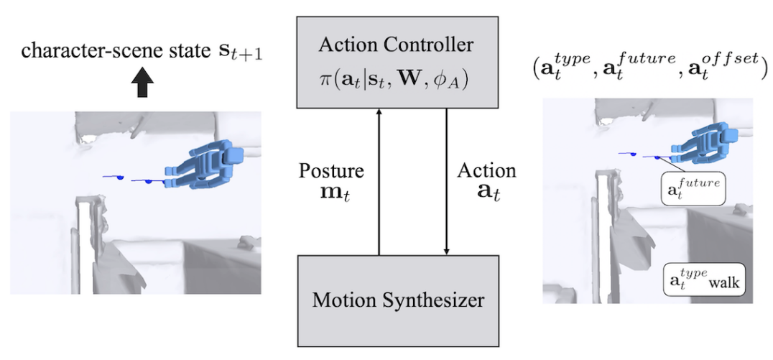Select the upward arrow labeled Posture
[x=378, y=180]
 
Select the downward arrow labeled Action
[x=448, y=180]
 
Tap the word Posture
[x=331, y=171]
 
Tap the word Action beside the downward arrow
[x=486, y=171]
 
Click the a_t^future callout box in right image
[x=693, y=188]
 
